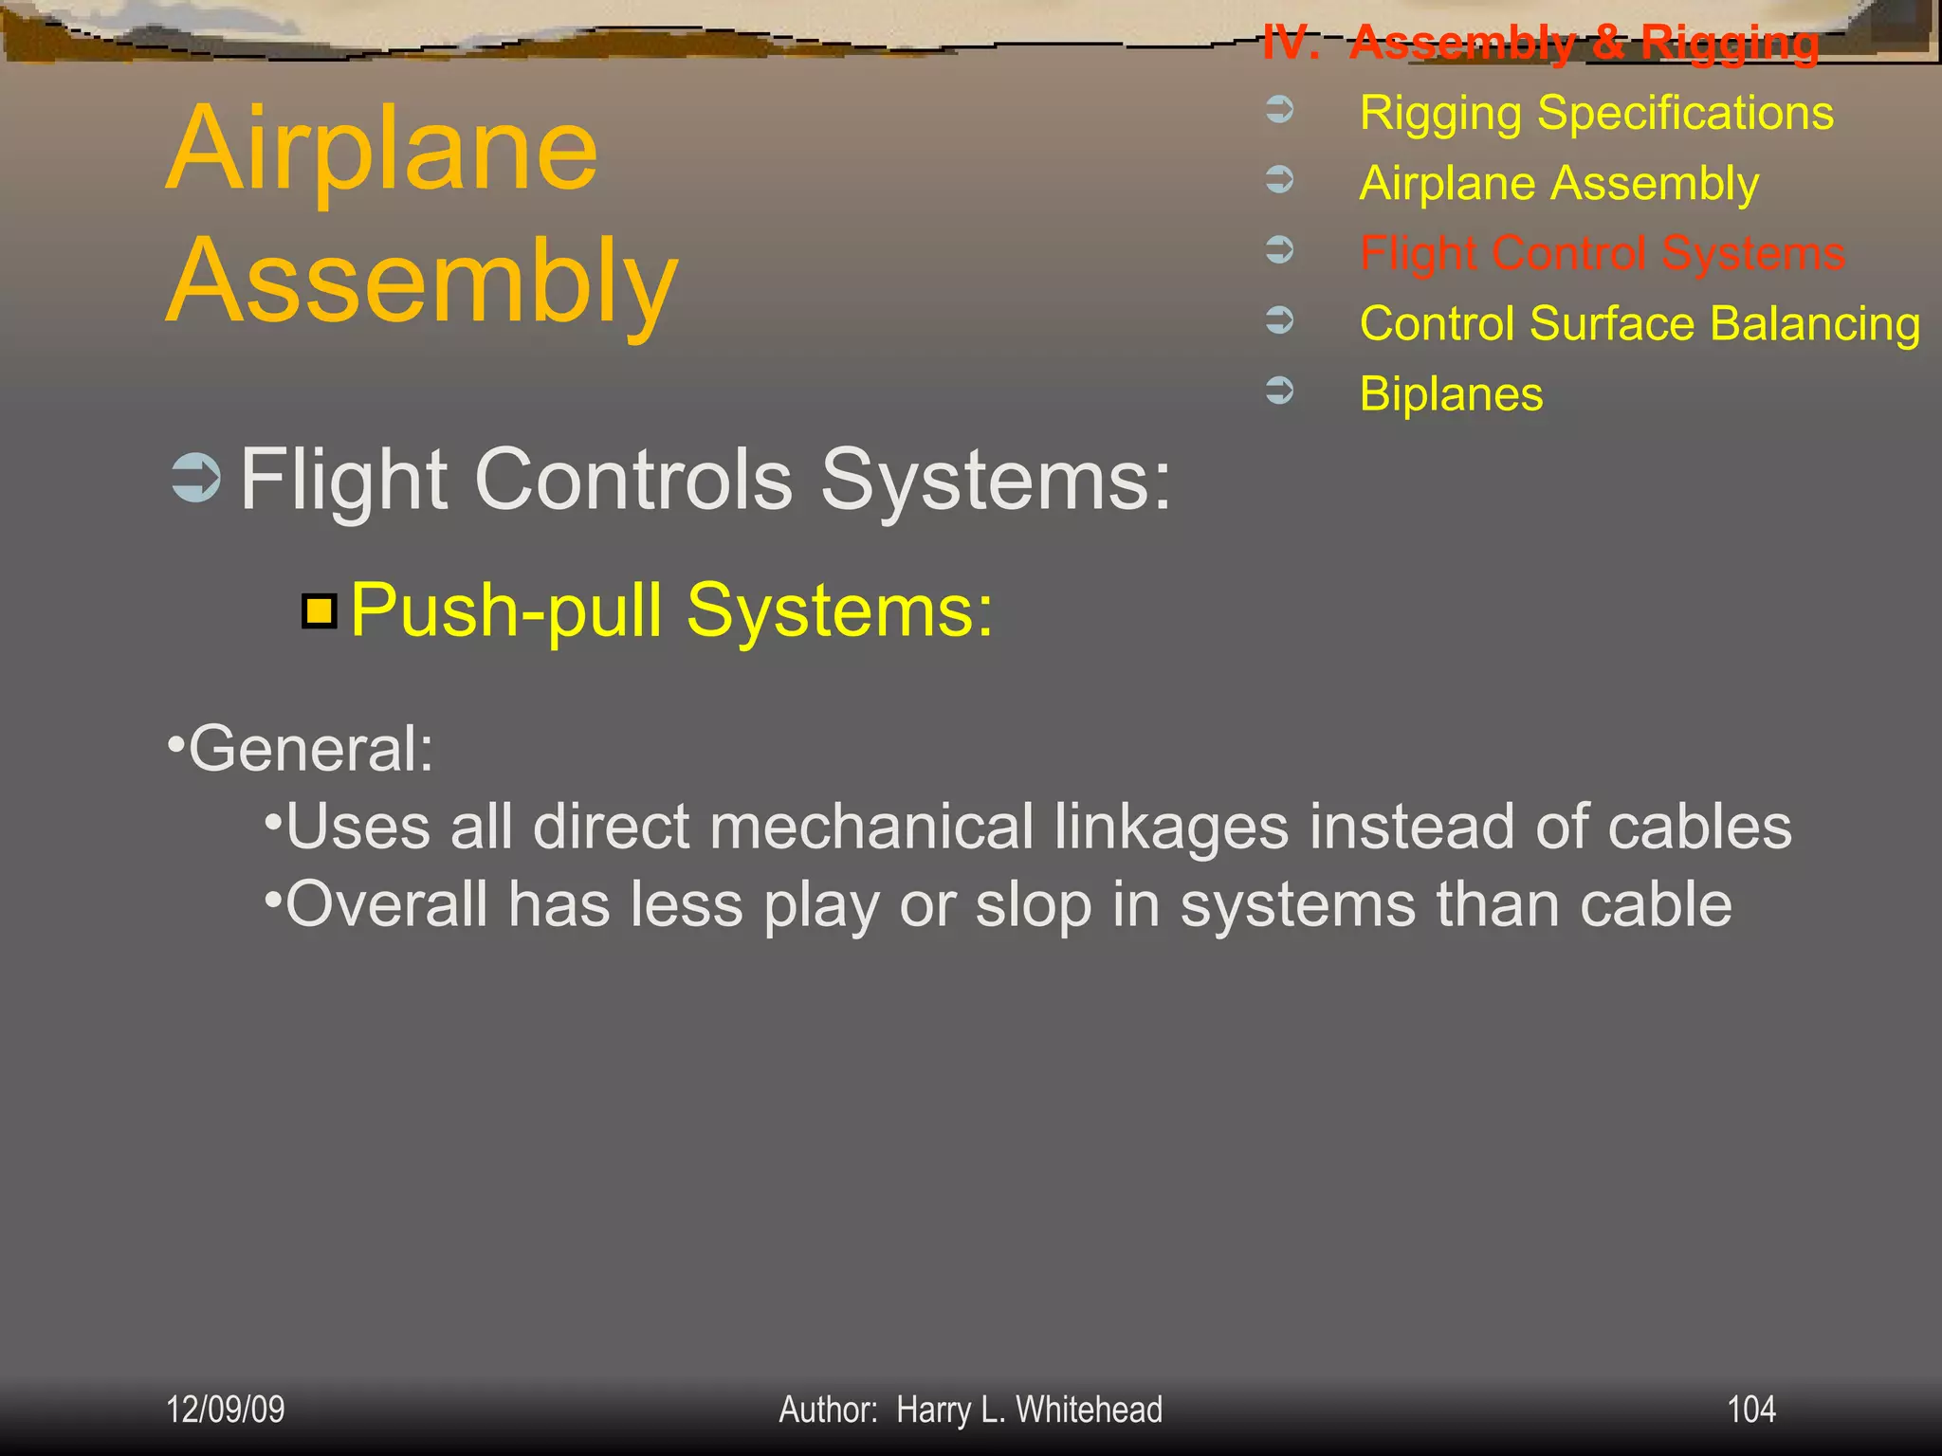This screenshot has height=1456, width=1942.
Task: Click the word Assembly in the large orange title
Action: tap(422, 282)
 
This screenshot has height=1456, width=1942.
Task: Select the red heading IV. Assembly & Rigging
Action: tap(1541, 43)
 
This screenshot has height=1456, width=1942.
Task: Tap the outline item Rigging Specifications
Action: tap(1596, 113)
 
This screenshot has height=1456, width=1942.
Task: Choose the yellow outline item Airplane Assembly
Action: tap(1558, 183)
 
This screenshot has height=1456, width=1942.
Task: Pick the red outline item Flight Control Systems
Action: tap(1602, 253)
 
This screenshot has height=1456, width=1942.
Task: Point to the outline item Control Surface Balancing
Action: tap(1640, 323)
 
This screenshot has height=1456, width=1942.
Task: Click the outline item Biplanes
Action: tap(1451, 393)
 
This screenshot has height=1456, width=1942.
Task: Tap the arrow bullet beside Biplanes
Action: tap(1280, 390)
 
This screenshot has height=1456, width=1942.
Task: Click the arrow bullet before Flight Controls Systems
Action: tap(196, 477)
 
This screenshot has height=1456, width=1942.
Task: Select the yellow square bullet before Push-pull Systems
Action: tap(320, 611)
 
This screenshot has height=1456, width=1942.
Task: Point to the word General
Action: tap(309, 749)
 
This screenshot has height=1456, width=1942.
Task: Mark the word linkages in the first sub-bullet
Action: tap(1171, 827)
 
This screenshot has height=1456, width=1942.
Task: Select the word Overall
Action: tap(386, 904)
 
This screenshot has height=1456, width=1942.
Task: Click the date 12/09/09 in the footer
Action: tap(226, 1410)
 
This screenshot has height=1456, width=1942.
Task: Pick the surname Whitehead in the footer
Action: tap(1089, 1410)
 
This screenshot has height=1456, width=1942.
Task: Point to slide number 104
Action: tap(1750, 1410)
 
